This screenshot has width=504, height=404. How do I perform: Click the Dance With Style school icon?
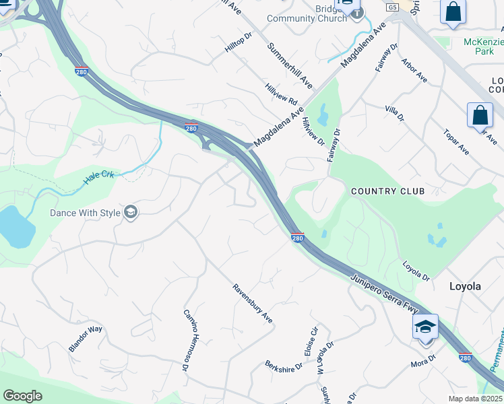[130, 213]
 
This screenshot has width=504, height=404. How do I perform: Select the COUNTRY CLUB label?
[387, 191]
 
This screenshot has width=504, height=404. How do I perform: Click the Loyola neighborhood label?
[465, 286]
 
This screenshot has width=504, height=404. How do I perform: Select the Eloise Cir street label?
[311, 341]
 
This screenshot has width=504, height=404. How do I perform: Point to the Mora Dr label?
[424, 364]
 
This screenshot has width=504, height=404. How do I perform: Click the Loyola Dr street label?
[416, 271]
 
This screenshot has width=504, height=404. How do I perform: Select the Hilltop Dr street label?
[238, 42]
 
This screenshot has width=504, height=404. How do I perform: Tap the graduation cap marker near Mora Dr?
[426, 328]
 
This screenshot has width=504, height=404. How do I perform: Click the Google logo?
[22, 396]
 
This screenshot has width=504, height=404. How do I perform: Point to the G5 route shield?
[392, 7]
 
